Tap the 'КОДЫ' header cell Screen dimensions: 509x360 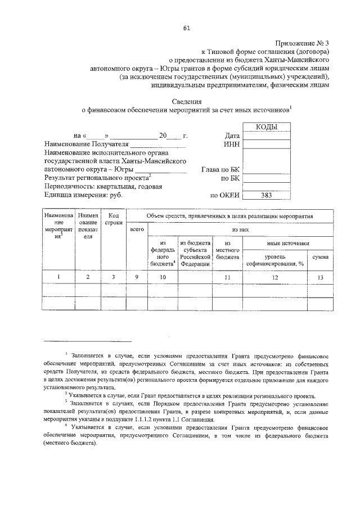(x=266, y=128)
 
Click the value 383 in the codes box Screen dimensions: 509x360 (x=266, y=196)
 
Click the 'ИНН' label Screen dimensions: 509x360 (x=232, y=145)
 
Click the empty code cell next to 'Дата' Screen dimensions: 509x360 (x=266, y=136)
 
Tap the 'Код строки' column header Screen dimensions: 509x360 (x=114, y=219)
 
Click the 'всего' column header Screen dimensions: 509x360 (x=137, y=229)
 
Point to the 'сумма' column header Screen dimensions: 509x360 (x=321, y=256)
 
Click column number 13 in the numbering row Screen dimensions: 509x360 (x=321, y=277)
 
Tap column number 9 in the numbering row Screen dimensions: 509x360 (x=137, y=277)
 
